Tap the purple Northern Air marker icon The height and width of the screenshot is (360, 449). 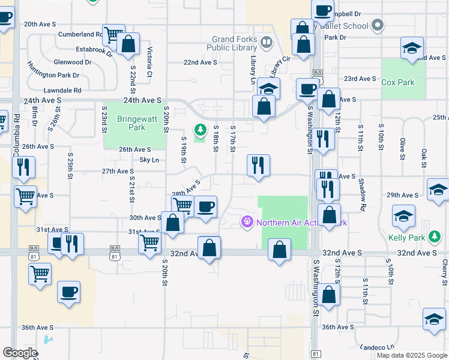click(x=246, y=223)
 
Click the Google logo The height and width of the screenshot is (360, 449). click(x=20, y=353)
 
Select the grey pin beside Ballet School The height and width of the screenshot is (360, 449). click(x=377, y=26)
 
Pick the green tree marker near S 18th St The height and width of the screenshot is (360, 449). click(x=200, y=128)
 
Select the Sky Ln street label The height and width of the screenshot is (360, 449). click(x=149, y=160)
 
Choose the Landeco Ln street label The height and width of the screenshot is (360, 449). click(x=377, y=347)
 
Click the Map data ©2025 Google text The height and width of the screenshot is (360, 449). click(x=411, y=355)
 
